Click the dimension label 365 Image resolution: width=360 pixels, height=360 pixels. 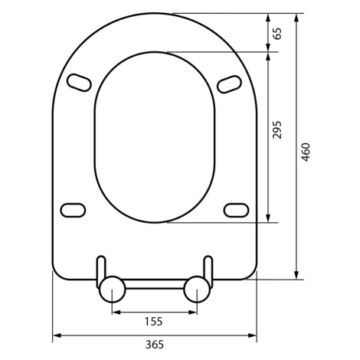(155, 345)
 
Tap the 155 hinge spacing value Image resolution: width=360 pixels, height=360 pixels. (154, 322)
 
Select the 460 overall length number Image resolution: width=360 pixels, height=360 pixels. (306, 152)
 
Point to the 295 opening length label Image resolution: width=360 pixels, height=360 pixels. (277, 129)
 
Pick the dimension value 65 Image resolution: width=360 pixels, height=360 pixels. (277, 33)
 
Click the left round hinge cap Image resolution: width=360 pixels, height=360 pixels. (113, 290)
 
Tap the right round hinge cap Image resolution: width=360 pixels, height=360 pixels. (197, 290)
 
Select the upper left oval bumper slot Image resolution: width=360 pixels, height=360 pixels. (79, 83)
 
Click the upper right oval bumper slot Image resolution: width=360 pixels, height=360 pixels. (230, 84)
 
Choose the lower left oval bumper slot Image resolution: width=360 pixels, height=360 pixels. (73, 211)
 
